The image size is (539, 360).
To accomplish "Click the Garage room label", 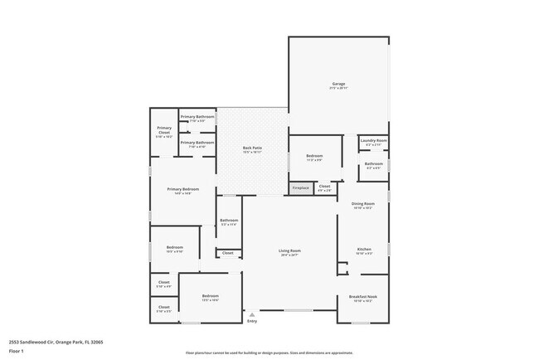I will [x=338, y=84].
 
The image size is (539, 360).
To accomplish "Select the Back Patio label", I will [x=252, y=148].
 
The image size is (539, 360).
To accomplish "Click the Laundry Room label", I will [x=374, y=140].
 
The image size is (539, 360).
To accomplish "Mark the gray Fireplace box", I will [x=300, y=188].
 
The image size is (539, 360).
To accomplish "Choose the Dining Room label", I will [x=363, y=203].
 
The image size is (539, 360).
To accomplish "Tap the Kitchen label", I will [x=363, y=249].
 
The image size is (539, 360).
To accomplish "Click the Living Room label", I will [x=289, y=251].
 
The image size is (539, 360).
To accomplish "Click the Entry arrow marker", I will [x=251, y=314].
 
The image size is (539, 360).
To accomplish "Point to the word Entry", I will [x=252, y=321].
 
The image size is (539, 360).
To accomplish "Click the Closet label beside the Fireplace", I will [x=325, y=187].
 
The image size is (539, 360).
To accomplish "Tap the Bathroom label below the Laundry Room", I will [x=374, y=163].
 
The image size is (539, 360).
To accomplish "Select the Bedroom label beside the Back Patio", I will [x=314, y=156].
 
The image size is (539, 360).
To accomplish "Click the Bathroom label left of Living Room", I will [x=228, y=221].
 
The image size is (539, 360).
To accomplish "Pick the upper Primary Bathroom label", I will [x=197, y=117].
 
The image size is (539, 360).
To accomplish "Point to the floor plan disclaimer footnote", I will [x=269, y=353].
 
